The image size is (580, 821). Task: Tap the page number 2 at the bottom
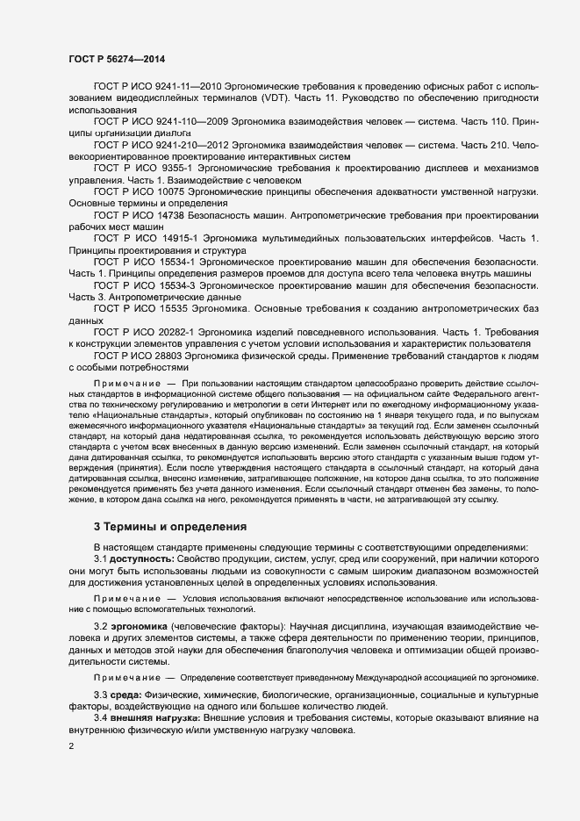pos(71,745)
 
